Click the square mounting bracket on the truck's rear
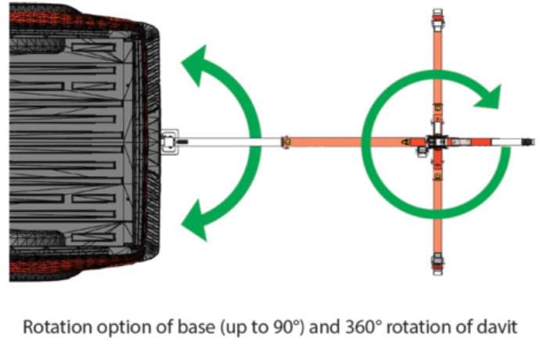click(168, 142)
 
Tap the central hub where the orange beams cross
click(437, 142)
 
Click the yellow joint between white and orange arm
click(286, 142)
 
